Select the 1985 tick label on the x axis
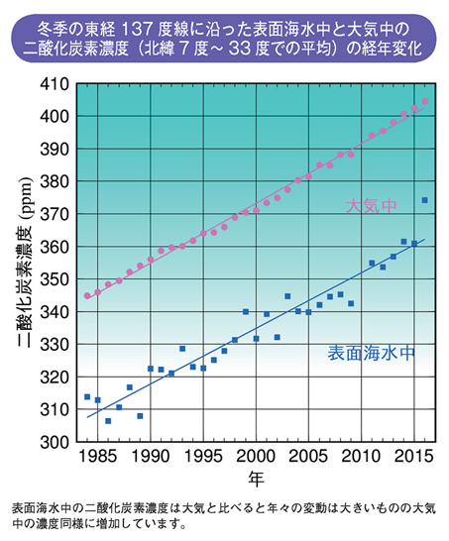pos(96,457)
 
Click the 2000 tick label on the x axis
pos(256,457)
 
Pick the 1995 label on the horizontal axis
pos(203,457)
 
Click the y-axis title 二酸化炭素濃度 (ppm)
pos(23,262)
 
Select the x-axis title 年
pos(255,480)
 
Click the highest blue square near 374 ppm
pos(424,200)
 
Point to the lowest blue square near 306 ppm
pos(108,421)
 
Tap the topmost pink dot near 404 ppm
pos(424,101)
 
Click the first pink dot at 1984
pos(87,295)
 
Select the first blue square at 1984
pos(87,396)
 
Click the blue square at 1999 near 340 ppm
pos(246,311)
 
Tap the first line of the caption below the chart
pos(224,508)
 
